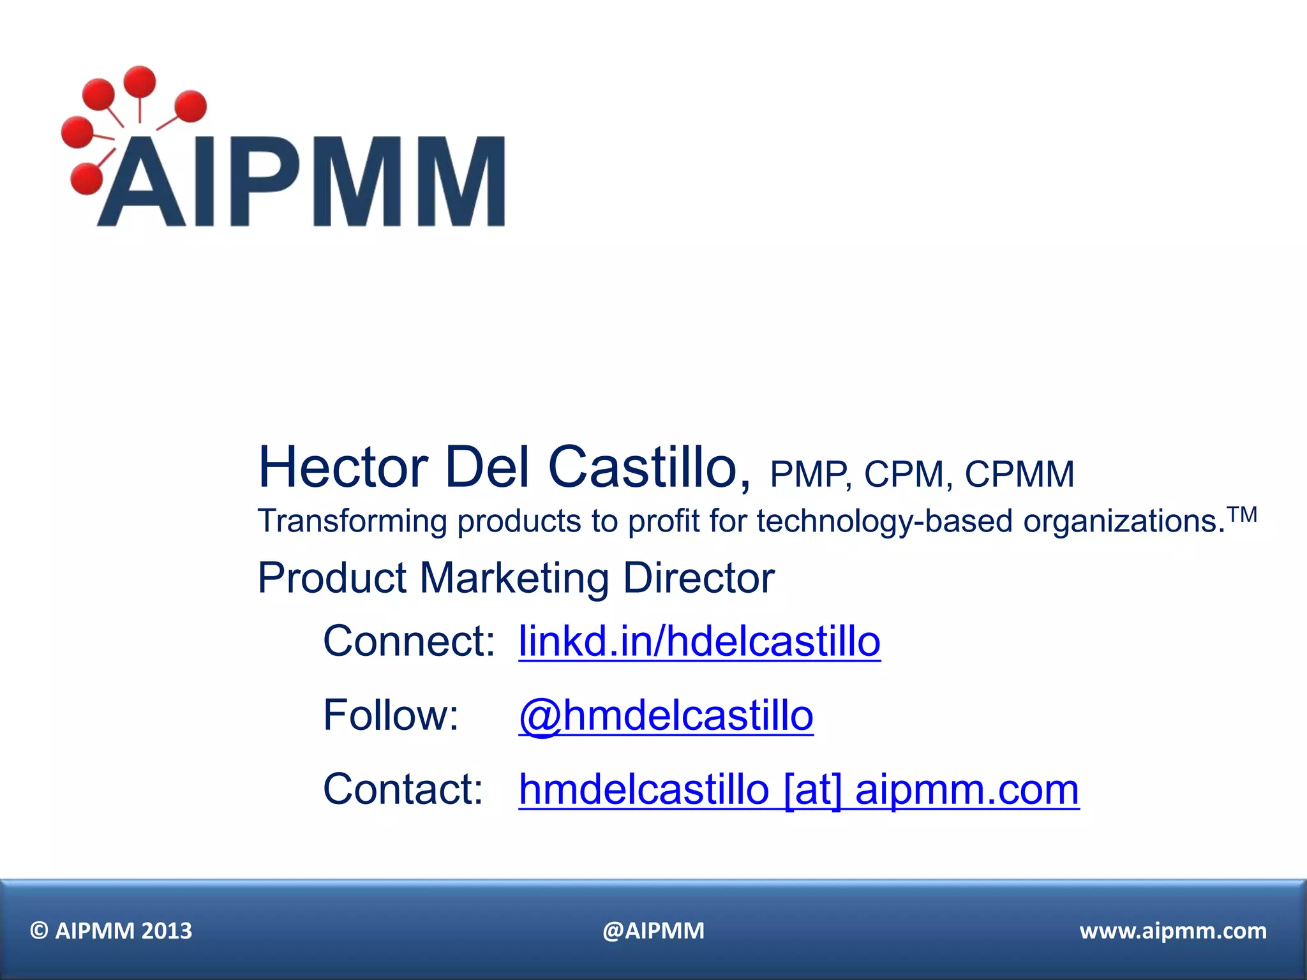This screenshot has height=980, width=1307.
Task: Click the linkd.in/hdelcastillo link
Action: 699,641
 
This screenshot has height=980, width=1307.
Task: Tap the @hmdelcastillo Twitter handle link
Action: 666,715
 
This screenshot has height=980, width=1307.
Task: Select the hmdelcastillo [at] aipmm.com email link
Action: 798,790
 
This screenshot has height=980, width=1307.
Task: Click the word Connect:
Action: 409,641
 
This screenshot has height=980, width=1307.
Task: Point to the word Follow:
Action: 391,715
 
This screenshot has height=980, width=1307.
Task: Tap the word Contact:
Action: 403,790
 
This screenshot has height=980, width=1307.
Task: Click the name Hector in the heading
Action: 343,467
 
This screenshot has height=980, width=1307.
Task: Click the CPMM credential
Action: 1019,475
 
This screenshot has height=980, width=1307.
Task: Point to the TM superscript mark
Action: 1243,514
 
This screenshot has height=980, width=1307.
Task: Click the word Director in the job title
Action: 698,578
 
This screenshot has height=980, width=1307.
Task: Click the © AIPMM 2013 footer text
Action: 111,931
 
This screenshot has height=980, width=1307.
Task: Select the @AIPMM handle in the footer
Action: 653,931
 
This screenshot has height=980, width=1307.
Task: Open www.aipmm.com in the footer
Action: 1173,931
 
